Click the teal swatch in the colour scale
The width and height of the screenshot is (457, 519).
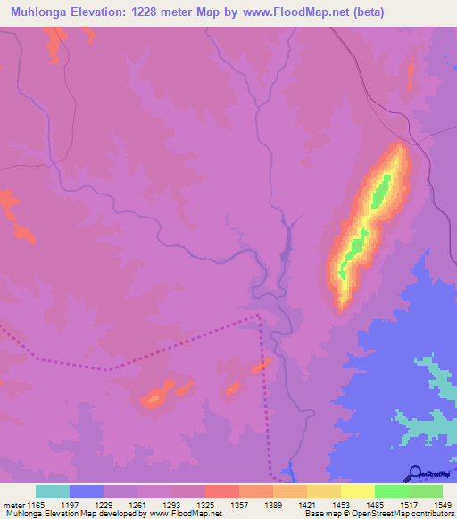pos(52,491)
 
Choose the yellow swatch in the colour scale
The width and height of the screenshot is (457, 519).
pos(357,491)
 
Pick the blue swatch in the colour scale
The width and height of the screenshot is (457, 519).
pos(86,491)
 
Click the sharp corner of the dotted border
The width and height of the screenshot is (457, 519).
pos(259,315)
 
